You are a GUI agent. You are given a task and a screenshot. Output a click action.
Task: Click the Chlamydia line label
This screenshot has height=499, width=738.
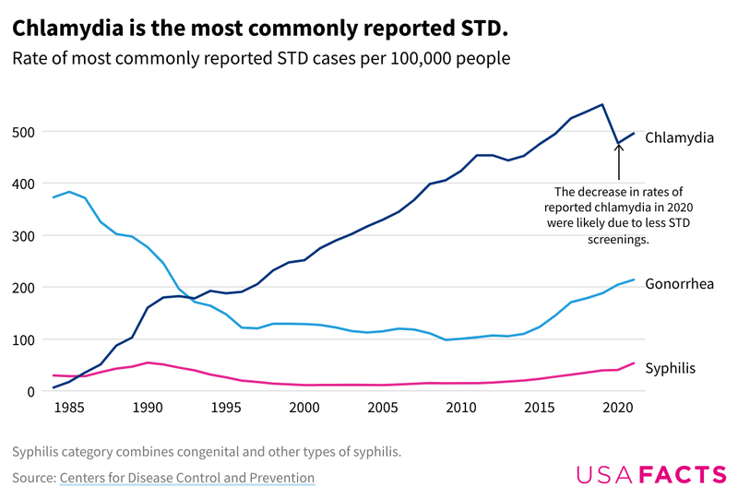[x=679, y=137]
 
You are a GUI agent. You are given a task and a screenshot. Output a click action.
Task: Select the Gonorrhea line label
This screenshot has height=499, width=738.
[x=679, y=283]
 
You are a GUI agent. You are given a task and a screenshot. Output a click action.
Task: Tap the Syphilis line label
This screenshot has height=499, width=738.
[x=670, y=368]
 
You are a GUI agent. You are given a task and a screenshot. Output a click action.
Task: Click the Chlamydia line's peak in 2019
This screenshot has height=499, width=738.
[x=602, y=104]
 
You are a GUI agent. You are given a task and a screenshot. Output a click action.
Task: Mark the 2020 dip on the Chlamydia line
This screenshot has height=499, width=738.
[x=618, y=145]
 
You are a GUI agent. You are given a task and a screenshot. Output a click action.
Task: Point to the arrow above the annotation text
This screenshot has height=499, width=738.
[x=618, y=161]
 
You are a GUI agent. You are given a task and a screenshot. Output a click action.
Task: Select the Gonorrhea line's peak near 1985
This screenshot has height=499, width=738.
[x=69, y=192]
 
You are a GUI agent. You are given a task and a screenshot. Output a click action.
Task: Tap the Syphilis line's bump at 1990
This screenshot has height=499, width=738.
[x=148, y=362]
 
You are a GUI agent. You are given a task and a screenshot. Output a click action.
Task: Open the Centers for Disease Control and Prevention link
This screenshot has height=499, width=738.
[x=187, y=478]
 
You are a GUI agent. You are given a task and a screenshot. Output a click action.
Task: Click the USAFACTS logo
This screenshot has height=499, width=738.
[x=651, y=475]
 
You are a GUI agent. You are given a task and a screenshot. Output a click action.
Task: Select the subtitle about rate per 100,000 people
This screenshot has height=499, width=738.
[x=261, y=58]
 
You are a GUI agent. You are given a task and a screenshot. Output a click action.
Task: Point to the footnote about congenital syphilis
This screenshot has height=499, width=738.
[x=207, y=452]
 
